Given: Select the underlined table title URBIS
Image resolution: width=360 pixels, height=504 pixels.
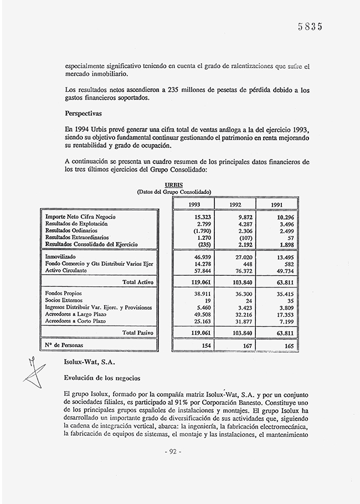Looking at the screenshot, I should pyautogui.click(x=174, y=186).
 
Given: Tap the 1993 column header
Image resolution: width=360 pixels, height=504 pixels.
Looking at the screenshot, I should pyautogui.click(x=194, y=204).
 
